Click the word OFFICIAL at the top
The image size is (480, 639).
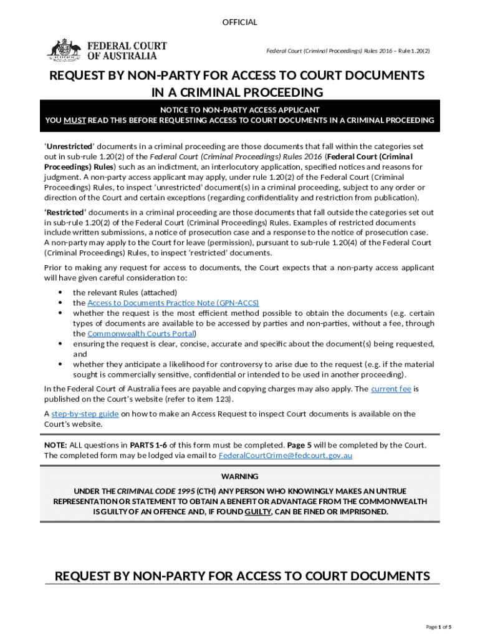(240, 22)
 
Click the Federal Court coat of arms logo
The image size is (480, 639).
(64, 49)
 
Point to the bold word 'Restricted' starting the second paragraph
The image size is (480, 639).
(69, 213)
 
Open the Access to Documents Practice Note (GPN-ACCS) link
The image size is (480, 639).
(173, 303)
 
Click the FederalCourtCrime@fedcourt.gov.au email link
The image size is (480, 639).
(286, 456)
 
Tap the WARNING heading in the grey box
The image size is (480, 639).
(240, 477)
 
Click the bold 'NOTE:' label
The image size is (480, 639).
(55, 445)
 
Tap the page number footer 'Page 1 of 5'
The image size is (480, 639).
(438, 627)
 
